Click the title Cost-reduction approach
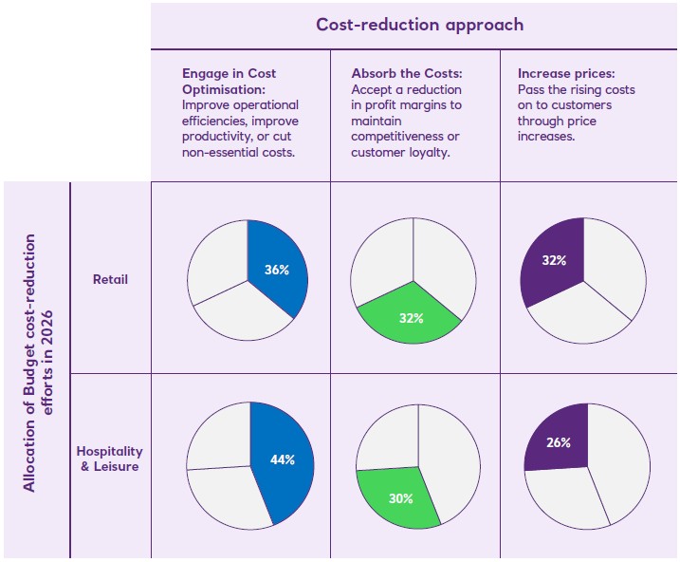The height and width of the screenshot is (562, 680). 419,25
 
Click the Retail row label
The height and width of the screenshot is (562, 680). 110,280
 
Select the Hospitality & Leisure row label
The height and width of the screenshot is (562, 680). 108,459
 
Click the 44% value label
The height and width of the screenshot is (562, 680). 282,459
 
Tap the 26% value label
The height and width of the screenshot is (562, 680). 558,442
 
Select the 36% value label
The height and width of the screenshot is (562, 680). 277,271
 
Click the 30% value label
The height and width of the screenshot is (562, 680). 400,498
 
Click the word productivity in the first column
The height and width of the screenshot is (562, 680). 217,136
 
